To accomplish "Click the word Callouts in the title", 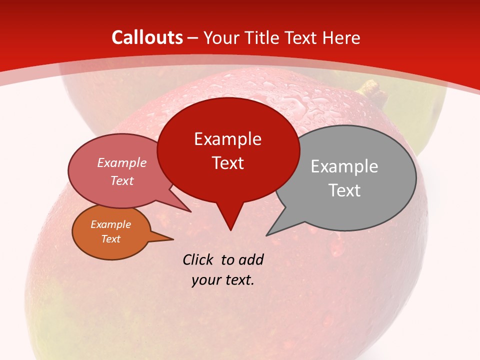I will (147, 37).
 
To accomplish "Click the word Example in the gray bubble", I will (344, 166).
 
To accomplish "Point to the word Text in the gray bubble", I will (344, 190).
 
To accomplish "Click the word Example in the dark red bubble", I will (228, 139).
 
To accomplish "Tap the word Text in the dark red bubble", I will (228, 163).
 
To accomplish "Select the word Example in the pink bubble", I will (122, 163).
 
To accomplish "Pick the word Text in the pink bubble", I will (122, 180).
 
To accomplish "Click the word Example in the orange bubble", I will (111, 224).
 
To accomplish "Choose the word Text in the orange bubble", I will (111, 239).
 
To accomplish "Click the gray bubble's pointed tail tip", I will (267, 235).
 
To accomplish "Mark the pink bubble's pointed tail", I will (190, 211).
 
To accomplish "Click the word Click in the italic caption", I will (198, 259).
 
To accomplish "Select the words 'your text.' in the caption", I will (223, 280).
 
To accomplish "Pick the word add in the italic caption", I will (250, 259).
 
